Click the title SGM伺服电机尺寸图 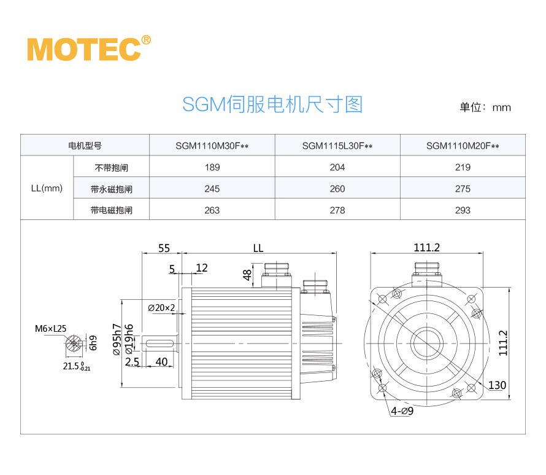(x=272, y=104)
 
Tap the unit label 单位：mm (x=485, y=108)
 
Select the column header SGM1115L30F (x=337, y=146)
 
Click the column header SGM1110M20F (x=463, y=146)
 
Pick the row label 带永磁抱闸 (x=111, y=189)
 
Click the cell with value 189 (x=212, y=167)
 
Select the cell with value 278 (x=337, y=210)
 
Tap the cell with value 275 (x=463, y=189)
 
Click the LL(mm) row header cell (x=47, y=189)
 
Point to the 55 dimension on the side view (x=164, y=248)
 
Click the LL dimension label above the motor (x=258, y=248)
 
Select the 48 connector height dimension (x=247, y=275)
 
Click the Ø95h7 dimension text (x=115, y=339)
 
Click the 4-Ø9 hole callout (x=402, y=410)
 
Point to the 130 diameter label (x=498, y=385)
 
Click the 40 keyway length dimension (x=162, y=361)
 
